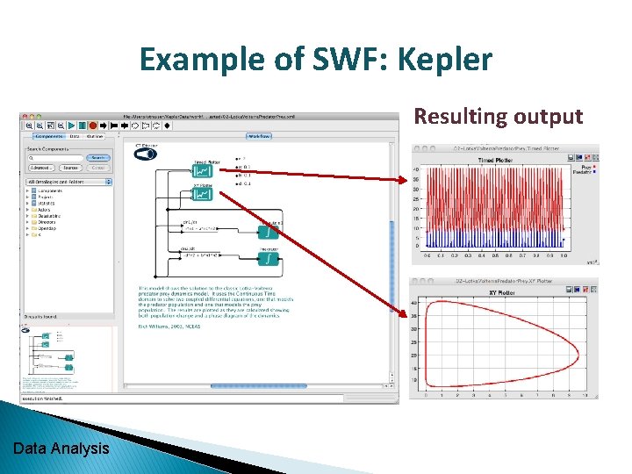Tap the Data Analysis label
pyautogui.click(x=61, y=449)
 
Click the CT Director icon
pyautogui.click(x=145, y=153)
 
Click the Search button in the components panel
pyautogui.click(x=98, y=157)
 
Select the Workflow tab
pyautogui.click(x=258, y=136)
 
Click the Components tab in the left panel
pyautogui.click(x=47, y=136)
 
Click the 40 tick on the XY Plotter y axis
pyautogui.click(x=416, y=303)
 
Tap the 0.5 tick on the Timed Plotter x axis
pyautogui.click(x=496, y=256)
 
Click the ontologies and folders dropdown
pyautogui.click(x=70, y=182)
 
